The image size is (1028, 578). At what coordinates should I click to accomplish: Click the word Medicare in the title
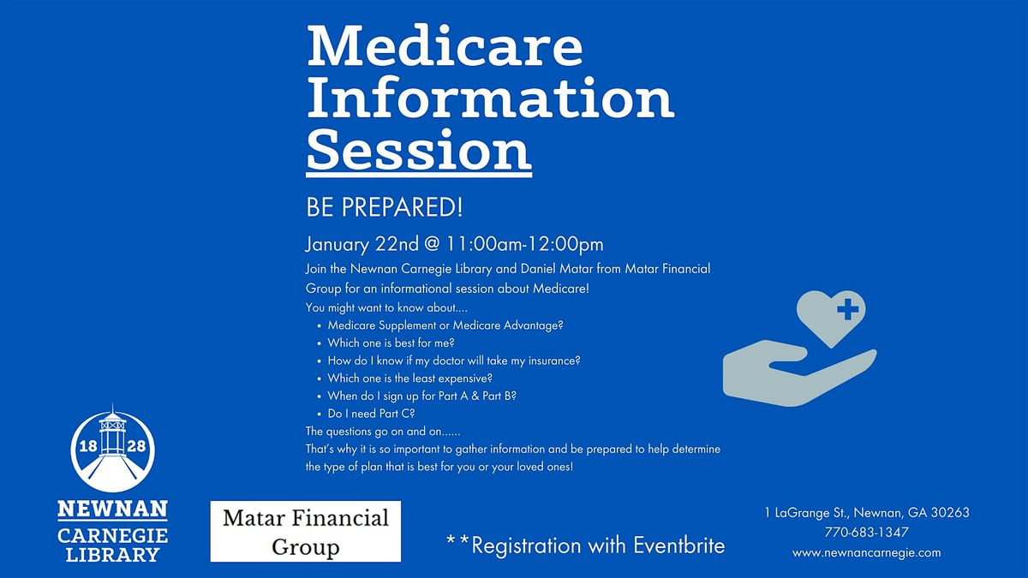coord(445,49)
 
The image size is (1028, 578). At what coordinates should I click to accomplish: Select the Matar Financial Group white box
coord(306,531)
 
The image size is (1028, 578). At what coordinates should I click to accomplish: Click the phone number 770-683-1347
coord(866,533)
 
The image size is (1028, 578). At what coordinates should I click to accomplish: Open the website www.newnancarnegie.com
coord(866,552)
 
